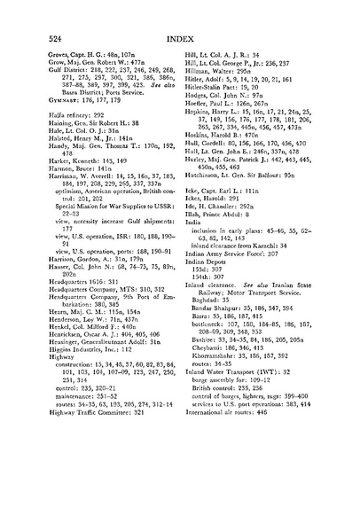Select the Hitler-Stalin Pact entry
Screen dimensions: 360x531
218,99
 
